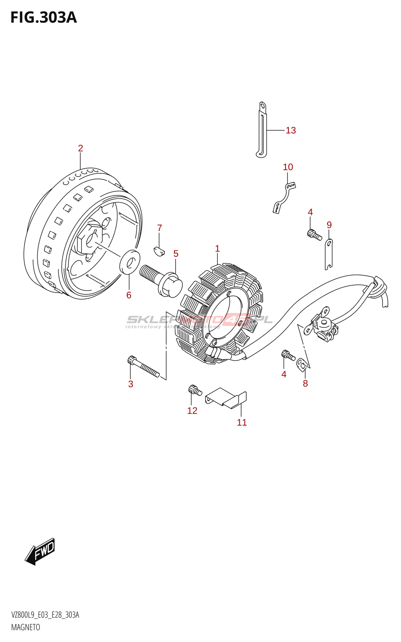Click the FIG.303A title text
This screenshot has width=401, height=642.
(x=43, y=18)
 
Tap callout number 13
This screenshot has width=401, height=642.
(x=291, y=130)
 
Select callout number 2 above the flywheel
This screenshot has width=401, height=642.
(x=81, y=148)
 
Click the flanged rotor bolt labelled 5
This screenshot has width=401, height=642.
(x=162, y=280)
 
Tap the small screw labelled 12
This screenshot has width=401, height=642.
(x=194, y=389)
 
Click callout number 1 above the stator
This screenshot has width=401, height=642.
(x=217, y=249)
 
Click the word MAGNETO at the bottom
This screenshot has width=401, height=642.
(x=26, y=627)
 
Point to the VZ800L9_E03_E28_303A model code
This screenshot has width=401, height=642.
(x=45, y=615)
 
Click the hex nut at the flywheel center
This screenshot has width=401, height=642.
(x=89, y=240)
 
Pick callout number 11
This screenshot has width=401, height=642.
(x=242, y=423)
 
